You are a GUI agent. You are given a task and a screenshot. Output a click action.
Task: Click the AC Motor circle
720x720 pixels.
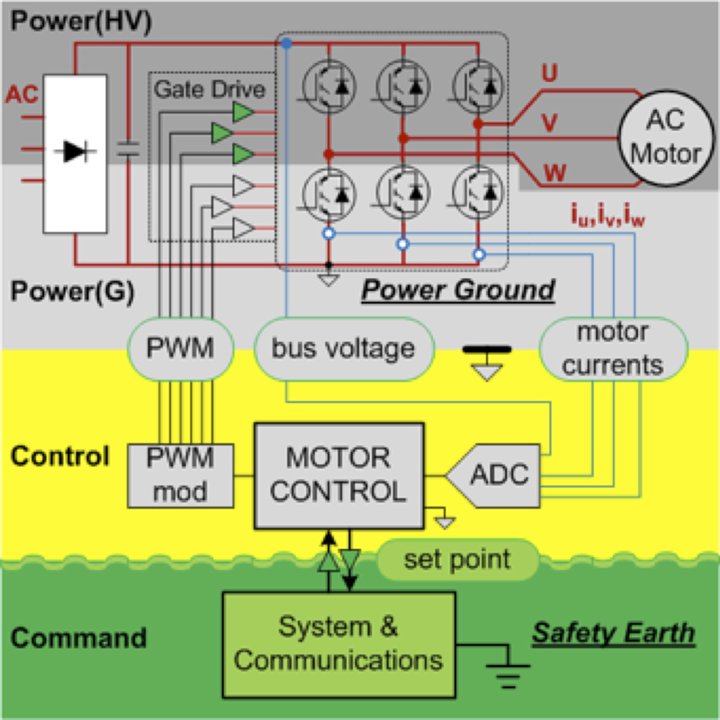664,138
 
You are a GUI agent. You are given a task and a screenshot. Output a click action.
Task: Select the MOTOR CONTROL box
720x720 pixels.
339,475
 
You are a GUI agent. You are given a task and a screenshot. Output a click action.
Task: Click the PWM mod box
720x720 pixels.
182,473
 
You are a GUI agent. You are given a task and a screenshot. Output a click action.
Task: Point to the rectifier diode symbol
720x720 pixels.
76,151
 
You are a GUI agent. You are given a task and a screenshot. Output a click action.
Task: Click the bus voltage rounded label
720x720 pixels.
343,347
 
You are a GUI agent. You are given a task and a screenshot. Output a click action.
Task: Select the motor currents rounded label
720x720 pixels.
612,349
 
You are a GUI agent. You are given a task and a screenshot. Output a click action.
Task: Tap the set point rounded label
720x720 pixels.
455,560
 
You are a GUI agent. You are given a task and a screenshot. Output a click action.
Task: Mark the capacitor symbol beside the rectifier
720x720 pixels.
129,151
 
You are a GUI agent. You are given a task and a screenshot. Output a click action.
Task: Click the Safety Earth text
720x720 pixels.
613,633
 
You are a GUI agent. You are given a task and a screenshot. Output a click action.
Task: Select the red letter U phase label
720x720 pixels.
548,76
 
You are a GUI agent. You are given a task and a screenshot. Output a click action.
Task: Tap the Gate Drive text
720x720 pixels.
210,90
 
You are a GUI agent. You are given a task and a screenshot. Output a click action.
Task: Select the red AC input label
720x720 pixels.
22,94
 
